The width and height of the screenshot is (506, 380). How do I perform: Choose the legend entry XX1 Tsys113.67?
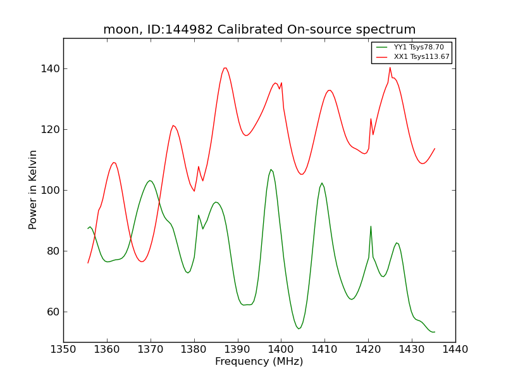(421, 57)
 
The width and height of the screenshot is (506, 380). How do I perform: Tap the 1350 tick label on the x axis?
(63, 349)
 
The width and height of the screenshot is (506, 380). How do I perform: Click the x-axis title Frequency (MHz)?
(259, 362)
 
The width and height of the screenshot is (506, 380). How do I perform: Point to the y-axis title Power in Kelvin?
(34, 189)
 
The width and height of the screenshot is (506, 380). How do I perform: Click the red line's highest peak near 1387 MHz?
(225, 68)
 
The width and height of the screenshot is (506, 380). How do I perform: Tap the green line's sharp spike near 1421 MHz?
(371, 226)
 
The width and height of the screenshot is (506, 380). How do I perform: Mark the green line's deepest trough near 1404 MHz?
(299, 329)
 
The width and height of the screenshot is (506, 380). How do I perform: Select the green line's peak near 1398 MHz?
(271, 169)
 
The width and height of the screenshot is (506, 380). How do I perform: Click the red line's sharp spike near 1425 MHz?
(390, 67)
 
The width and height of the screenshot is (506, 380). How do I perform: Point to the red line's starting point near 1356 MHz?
(88, 263)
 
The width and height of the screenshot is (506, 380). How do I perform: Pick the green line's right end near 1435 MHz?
(435, 332)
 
